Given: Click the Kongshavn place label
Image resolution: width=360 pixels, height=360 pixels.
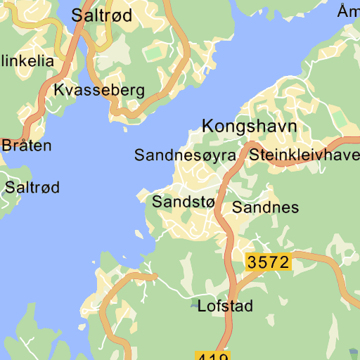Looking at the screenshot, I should point(249,127).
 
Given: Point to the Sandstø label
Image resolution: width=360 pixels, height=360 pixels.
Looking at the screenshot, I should point(183,202).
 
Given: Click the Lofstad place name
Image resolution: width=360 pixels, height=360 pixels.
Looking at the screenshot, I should point(225,307).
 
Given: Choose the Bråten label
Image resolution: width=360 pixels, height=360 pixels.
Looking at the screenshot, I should point(27,146).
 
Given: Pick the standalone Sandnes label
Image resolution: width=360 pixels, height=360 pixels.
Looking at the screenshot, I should point(266,207).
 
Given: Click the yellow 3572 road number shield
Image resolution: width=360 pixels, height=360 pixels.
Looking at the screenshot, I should point(268,262).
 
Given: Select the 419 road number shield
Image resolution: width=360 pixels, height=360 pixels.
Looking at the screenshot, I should point(212,356).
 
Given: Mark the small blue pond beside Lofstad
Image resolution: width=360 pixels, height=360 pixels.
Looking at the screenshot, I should point(195,304).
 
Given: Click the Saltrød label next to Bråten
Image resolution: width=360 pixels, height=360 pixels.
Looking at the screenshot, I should point(32,188).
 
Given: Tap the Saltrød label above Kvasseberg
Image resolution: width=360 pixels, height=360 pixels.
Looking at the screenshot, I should point(102,16).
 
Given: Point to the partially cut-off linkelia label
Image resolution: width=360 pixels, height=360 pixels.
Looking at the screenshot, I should point(27,61).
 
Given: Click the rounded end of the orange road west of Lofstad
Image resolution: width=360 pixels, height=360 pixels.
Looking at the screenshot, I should point(151,276).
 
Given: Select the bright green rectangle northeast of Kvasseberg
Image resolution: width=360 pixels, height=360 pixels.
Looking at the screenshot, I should point(154,54).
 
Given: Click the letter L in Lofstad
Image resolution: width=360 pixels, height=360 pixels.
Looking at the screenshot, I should point(202,307).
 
